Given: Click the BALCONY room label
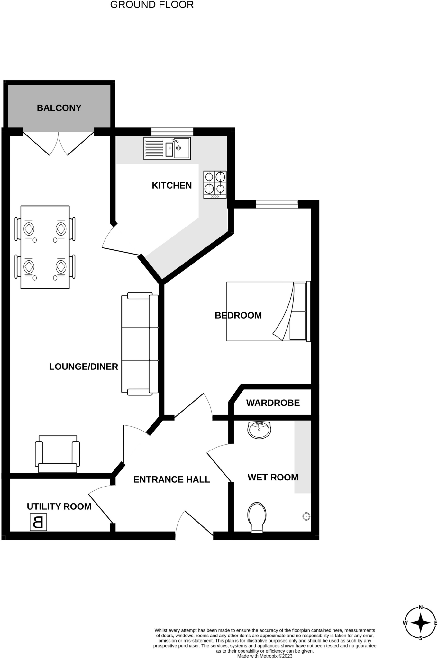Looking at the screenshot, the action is [59, 108].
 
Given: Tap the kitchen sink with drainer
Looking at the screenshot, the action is [167, 148].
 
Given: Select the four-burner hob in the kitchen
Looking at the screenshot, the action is [215, 184].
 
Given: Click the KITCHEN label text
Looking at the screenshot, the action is [172, 185].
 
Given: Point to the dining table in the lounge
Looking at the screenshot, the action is [45, 247].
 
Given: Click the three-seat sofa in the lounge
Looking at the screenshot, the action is [140, 344].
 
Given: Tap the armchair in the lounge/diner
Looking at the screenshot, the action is [58, 454].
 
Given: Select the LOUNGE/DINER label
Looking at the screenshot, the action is [84, 367].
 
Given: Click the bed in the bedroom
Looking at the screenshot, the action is [268, 311].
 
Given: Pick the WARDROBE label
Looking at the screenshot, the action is [273, 403].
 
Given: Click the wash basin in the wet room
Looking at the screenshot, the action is [259, 430].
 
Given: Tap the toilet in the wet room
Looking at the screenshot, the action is [257, 517].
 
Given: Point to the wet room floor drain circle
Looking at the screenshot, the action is [306, 517].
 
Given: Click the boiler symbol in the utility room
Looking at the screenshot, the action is [38, 522].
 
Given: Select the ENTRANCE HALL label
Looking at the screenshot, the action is [172, 480].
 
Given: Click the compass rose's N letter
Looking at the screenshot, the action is [420, 608].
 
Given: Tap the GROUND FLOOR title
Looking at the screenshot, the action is [152, 5].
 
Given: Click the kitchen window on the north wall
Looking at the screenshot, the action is [172, 132].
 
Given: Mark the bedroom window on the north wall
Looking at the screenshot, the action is [277, 204].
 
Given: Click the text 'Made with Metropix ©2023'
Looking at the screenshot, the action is [265, 656].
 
